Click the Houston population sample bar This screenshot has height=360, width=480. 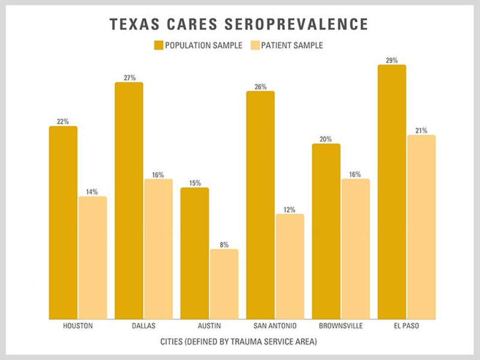click(x=63, y=223)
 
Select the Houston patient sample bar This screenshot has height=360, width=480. click(x=93, y=258)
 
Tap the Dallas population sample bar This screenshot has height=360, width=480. click(x=129, y=200)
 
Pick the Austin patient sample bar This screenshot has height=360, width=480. click(x=224, y=284)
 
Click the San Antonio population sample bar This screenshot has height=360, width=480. click(x=260, y=205)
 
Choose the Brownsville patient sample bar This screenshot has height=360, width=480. click(x=355, y=249)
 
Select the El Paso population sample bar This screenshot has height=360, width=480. click(x=392, y=192)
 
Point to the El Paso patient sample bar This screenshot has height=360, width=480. click(x=421, y=227)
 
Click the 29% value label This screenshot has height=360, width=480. click(x=392, y=60)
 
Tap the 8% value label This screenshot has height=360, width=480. click(x=224, y=245)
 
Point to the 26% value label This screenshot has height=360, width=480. click(x=260, y=87)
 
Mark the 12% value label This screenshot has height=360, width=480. click(x=289, y=210)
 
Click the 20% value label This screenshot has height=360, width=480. click(x=326, y=139)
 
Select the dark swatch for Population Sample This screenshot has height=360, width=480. click(x=158, y=45)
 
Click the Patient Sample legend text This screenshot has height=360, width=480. click(x=292, y=45)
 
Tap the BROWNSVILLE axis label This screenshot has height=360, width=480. click(x=340, y=326)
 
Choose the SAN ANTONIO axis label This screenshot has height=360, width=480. click(x=275, y=326)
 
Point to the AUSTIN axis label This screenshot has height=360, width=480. click(x=209, y=326)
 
